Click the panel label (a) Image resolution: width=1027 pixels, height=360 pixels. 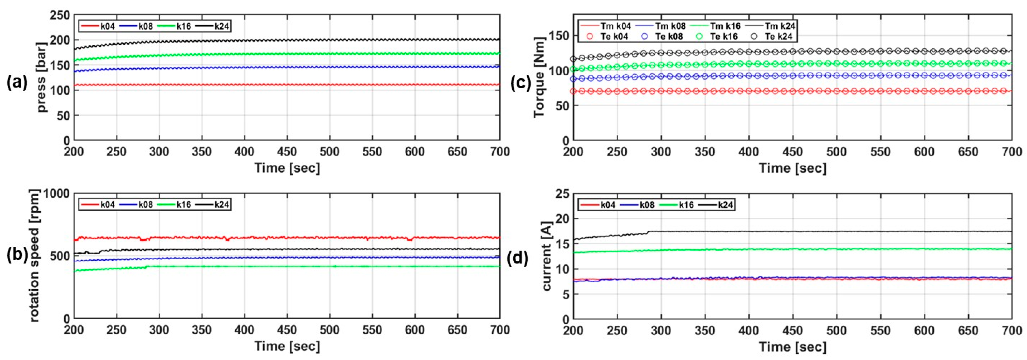pos(17,83)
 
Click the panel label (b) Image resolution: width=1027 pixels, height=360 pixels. pos(17,257)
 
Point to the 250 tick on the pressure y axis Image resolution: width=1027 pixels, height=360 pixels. pos(61,15)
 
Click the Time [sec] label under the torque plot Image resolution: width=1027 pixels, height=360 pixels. pos(792,168)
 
